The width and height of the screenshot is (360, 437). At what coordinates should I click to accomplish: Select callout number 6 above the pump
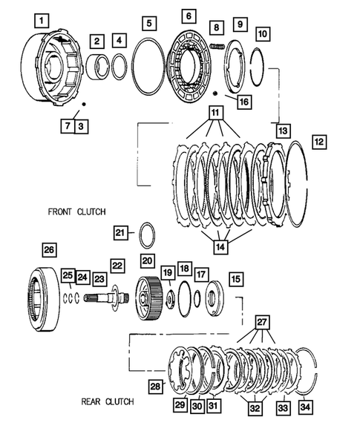tap(187, 16)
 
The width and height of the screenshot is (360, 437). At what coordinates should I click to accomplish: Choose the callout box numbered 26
tap(48, 249)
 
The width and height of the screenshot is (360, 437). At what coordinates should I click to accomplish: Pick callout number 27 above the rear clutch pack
tap(262, 321)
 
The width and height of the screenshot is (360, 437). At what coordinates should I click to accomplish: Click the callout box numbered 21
tap(120, 233)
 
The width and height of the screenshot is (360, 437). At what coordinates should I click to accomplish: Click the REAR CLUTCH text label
tap(108, 402)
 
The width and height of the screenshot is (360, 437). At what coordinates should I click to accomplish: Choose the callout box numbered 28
tap(155, 387)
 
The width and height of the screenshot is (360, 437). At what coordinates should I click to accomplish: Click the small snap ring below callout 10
tap(261, 61)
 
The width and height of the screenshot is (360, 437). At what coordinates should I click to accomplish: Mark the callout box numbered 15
tap(236, 279)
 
